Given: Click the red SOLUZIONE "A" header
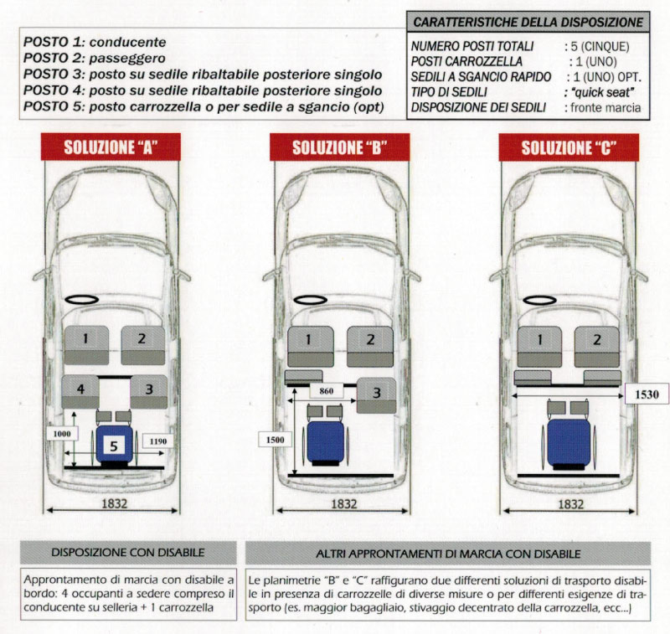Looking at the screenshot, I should point(111,147).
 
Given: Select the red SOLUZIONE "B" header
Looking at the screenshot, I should point(339,147).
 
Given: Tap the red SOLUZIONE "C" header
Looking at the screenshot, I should point(569,147).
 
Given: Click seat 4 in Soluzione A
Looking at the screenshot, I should point(80,389).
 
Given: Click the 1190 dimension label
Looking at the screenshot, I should point(156,441).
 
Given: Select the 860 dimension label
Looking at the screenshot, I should point(328,390).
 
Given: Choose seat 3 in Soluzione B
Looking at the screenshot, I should point(376,393).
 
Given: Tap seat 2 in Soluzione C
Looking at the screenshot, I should point(597,340).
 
